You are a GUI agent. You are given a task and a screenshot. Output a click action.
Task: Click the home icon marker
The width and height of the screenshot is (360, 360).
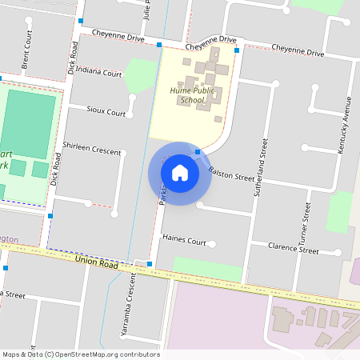[180, 172]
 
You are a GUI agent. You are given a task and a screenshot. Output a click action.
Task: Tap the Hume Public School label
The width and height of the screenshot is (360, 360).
[182, 96]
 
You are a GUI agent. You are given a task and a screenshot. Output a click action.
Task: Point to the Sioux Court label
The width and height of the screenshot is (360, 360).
[106, 113]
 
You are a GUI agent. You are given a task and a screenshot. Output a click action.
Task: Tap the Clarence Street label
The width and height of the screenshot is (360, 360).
[294, 248]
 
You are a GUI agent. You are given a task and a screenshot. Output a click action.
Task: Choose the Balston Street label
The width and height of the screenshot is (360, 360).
[231, 174]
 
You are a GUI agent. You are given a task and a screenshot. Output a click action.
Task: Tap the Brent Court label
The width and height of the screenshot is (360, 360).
[27, 50]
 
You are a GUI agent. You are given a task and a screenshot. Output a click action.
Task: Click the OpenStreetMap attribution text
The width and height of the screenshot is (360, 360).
[81, 354]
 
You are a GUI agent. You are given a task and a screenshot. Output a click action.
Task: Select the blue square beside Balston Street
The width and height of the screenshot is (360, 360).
[198, 151]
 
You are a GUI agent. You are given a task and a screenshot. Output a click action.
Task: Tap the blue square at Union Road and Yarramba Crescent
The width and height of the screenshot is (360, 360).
[149, 262]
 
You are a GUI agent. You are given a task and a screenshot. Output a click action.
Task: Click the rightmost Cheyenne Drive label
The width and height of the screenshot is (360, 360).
[298, 53]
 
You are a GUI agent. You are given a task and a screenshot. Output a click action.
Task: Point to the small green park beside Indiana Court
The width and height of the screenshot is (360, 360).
[141, 74]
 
